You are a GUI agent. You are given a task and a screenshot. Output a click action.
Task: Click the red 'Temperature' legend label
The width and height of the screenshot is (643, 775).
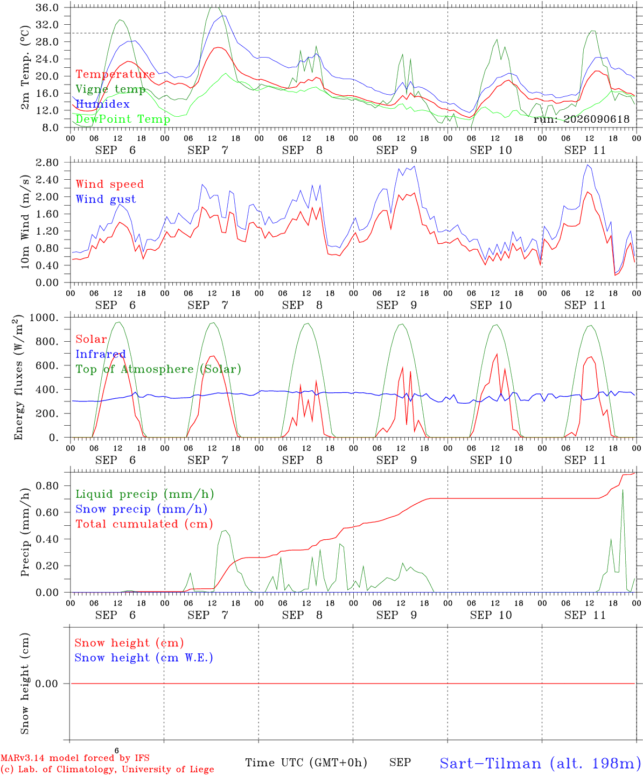tap(115, 74)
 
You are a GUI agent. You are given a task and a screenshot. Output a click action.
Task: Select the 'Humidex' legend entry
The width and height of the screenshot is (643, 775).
tap(102, 104)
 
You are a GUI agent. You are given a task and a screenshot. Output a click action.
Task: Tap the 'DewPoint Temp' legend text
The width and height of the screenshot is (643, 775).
tap(123, 119)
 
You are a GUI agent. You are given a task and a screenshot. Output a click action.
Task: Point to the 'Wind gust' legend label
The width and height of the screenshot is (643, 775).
tap(106, 199)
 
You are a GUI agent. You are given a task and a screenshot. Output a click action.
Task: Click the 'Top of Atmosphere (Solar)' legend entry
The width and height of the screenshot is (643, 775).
tap(159, 369)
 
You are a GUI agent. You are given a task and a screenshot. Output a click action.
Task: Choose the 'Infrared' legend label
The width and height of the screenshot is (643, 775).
tap(101, 354)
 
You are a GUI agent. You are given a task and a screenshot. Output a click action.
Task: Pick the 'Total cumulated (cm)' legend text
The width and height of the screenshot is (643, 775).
tap(144, 524)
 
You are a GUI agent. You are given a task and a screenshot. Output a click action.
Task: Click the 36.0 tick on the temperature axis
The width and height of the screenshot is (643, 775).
tap(47, 8)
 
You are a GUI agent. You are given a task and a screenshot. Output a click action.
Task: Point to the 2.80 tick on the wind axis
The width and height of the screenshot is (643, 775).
tap(47, 163)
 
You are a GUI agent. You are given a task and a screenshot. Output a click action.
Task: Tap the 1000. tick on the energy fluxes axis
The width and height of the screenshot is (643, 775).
tap(44, 318)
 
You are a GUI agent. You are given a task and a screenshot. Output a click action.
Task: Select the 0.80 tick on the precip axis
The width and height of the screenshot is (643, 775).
tap(47, 486)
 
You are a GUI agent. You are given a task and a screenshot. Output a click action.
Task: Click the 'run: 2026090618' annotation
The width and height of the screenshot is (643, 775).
tap(581, 119)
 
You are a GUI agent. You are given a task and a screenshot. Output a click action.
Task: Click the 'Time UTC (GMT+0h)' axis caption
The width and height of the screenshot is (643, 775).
tap(306, 763)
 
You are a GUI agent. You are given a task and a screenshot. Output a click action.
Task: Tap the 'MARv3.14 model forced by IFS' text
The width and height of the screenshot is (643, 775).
tap(75, 758)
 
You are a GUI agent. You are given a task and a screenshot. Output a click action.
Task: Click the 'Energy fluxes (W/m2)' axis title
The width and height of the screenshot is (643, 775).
tap(18, 377)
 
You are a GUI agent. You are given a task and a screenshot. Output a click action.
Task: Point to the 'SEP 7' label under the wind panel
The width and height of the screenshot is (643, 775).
tap(208, 305)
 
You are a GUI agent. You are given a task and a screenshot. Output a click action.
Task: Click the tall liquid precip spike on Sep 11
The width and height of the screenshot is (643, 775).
tap(623, 490)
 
